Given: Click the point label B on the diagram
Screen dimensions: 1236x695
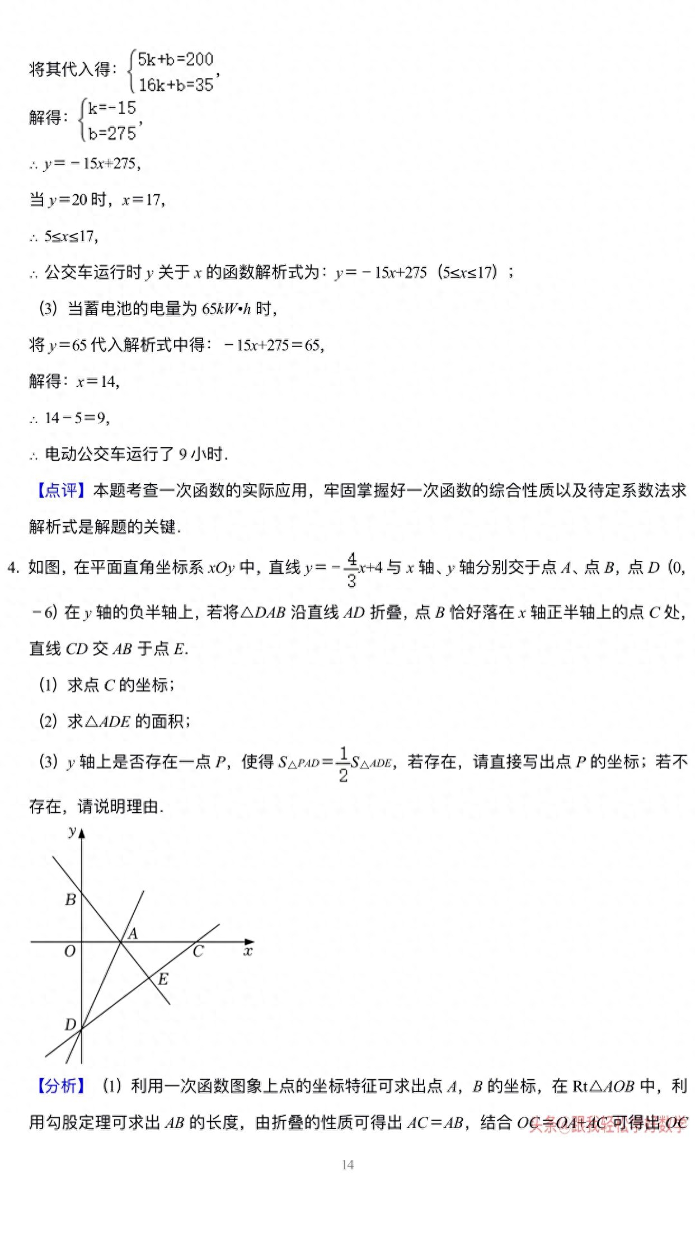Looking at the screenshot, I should pos(71,900).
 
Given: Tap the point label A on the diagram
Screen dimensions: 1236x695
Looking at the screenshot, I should pos(133,934).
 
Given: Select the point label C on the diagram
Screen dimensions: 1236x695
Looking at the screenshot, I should pos(198,951).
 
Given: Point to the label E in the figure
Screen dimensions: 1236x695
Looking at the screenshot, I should pos(163,979).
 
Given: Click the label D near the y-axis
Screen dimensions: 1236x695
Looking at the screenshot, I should pos(70,1024).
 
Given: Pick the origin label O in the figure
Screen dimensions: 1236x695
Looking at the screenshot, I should pos(69,951).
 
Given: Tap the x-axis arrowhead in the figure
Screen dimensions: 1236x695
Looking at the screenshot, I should pos(250,942).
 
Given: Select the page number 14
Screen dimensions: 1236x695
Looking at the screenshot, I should pos(347,1164).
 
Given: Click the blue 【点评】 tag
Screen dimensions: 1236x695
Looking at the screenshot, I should pos(60,490).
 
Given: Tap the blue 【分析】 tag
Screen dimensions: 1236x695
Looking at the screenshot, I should pos(60,1086).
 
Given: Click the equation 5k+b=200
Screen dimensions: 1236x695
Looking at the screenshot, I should pos(176,59).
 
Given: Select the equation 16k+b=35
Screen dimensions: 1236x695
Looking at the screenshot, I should pos(176,85).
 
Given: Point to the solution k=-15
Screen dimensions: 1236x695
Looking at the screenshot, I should pos(112,107).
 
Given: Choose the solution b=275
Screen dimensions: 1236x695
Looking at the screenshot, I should pos(112,133).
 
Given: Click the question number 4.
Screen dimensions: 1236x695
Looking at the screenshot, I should pos(13,568).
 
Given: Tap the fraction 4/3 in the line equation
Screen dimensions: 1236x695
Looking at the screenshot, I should pos(351,569).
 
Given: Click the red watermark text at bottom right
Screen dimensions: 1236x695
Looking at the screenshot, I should pos(608,1123).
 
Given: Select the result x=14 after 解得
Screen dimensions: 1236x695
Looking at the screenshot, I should pos(98,382).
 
